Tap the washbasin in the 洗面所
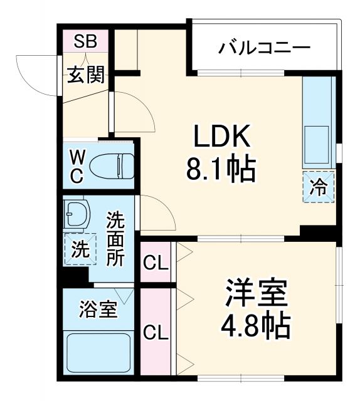coord(76,214)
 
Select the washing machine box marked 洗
coord(80,249)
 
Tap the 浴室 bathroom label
coord(97,310)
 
